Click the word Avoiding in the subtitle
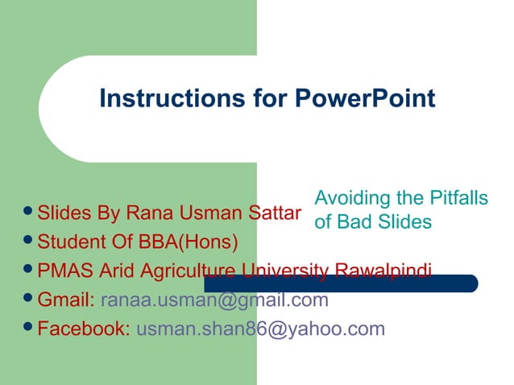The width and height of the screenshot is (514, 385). pyautogui.click(x=349, y=197)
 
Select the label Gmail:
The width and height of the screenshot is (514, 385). pyautogui.click(x=67, y=300)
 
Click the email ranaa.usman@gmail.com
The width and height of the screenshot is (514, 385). pyautogui.click(x=214, y=300)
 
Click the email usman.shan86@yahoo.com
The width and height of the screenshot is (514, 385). pyautogui.click(x=260, y=329)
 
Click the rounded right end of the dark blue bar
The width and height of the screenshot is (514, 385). pyautogui.click(x=472, y=284)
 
